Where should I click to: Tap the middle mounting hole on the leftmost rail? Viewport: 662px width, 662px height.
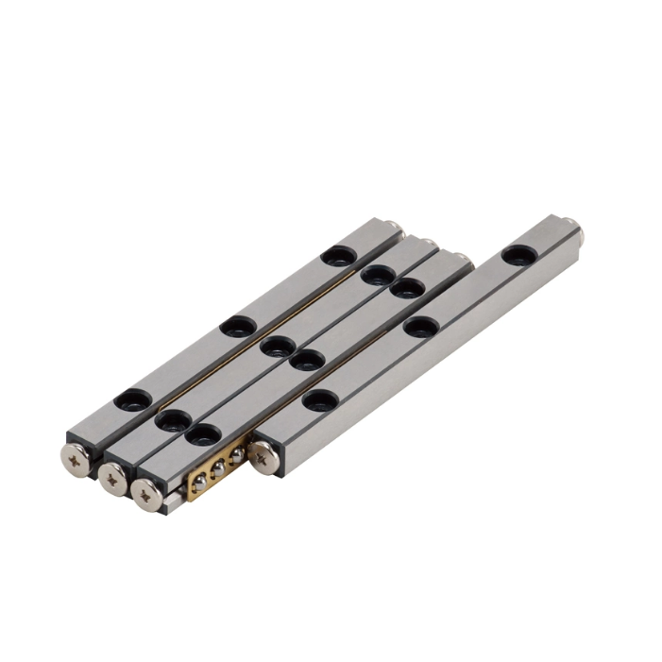pos(236,327)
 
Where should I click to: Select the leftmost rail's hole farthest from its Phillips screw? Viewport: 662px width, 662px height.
pos(336,254)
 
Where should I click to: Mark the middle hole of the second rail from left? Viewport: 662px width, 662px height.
pos(275,346)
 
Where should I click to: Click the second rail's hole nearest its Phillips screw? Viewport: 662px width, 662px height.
pos(173,419)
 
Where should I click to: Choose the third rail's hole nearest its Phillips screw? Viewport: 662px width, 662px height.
pos(204,435)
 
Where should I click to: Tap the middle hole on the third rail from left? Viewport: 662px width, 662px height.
pos(306,361)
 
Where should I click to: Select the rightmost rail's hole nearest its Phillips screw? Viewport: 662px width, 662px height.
pos(319,399)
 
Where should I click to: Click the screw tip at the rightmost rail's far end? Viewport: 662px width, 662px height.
pos(586,228)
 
